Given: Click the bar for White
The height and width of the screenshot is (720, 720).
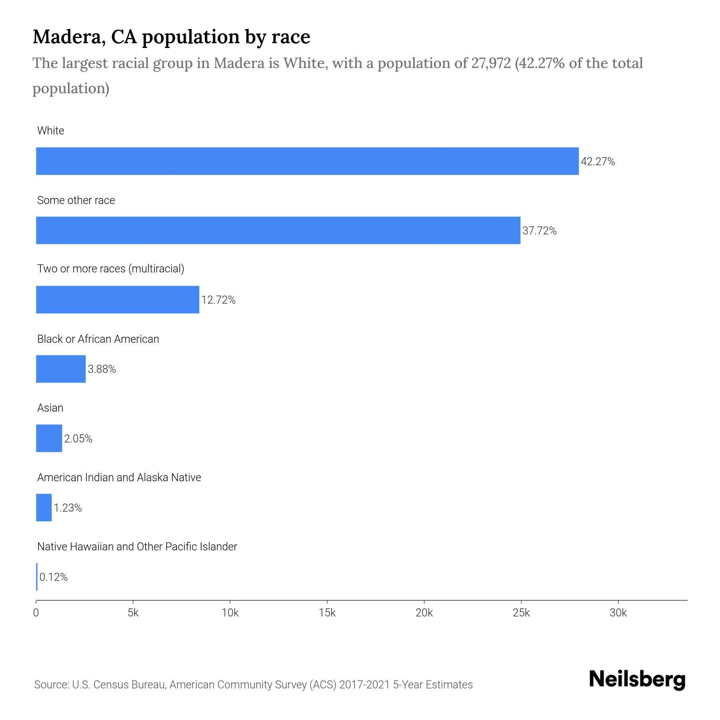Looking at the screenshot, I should (x=307, y=161).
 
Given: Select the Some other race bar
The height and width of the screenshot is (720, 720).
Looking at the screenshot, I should (x=278, y=230).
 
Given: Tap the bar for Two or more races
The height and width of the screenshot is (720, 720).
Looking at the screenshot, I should (x=118, y=300).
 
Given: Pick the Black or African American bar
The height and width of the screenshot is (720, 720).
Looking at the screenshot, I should (x=61, y=369).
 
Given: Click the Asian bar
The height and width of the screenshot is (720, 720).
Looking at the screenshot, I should (x=49, y=438).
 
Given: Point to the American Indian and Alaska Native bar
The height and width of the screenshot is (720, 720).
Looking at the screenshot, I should (x=44, y=508).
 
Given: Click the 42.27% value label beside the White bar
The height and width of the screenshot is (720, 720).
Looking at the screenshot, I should (x=598, y=162).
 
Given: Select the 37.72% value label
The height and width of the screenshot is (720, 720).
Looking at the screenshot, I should (x=539, y=231).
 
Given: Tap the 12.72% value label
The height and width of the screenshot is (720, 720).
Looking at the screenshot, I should (x=218, y=300).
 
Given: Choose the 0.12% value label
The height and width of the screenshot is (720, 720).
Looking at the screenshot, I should (x=54, y=577).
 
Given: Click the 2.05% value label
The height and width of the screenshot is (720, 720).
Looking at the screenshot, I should (x=78, y=439).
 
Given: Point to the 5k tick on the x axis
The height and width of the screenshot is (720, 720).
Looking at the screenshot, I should (x=133, y=613).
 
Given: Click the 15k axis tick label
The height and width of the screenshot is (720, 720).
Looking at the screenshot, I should (x=327, y=613).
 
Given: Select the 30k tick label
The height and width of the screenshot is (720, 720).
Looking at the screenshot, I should (x=618, y=613).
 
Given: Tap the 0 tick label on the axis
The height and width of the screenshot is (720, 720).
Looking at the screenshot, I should (x=36, y=613).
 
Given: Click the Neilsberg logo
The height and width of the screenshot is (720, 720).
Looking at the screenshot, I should (x=637, y=680).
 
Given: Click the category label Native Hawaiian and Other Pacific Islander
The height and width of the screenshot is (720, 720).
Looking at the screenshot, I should (x=137, y=547).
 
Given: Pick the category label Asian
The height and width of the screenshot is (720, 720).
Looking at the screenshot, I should (x=50, y=408).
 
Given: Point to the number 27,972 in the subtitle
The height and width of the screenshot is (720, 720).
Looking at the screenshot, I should (x=491, y=63).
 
